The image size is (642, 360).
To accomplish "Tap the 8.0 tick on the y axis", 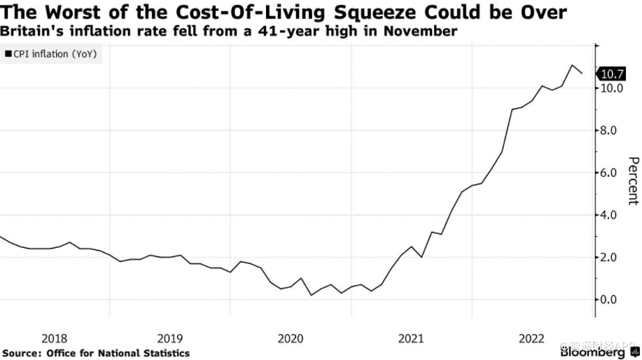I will point(608,130).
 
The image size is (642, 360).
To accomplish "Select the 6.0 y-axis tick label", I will point(608,172).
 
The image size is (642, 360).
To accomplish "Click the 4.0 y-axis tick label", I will point(608,215).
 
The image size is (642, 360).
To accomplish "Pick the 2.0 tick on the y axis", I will point(608,257).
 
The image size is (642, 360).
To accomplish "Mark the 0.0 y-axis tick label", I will point(608,300).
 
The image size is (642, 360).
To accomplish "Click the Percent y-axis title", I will point(631,181).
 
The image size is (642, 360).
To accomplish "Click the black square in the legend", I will point(8,53).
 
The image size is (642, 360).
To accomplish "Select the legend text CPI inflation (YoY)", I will point(55,53).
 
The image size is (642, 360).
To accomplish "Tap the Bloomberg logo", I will point(594,353).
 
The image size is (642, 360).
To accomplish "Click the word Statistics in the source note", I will point(164,353).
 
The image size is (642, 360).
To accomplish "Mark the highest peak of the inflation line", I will point(573,65).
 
